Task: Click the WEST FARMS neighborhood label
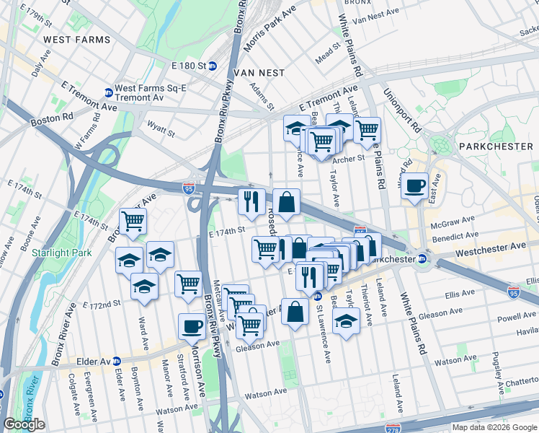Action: (77, 39)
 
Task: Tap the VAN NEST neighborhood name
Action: (257, 73)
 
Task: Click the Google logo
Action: (24, 424)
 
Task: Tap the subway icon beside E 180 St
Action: (213, 66)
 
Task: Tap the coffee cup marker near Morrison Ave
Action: (192, 328)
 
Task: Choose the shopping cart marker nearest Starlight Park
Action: (133, 223)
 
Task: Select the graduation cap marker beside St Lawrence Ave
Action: (347, 323)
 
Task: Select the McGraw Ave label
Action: (453, 220)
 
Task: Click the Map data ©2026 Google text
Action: (494, 427)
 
